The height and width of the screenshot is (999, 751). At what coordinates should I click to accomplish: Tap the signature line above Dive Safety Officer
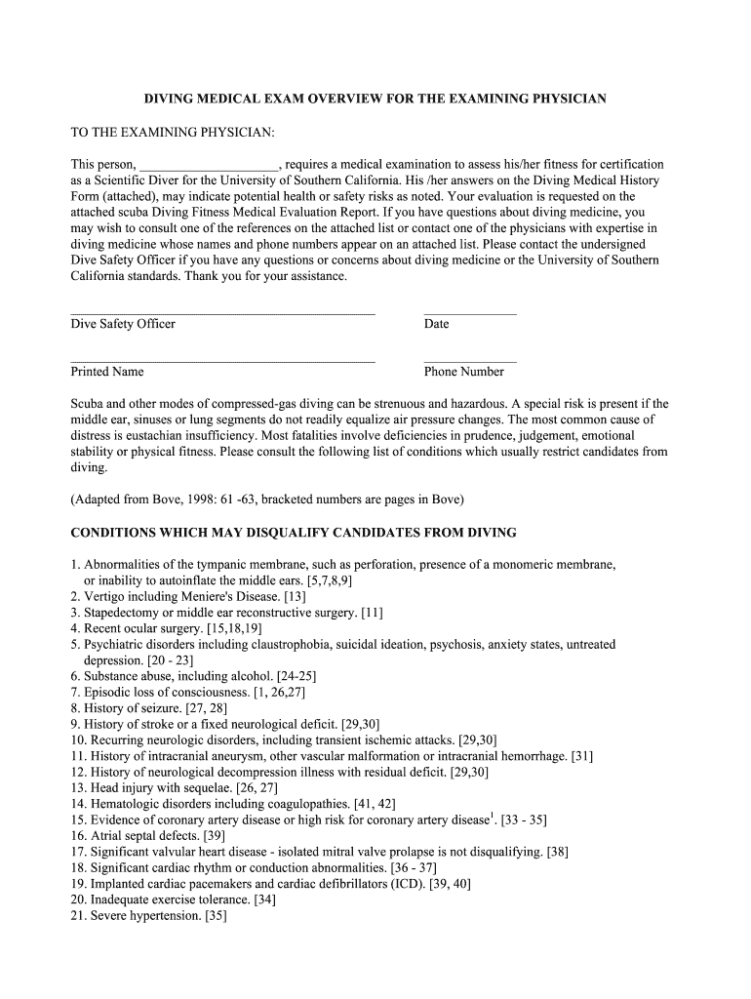tap(222, 314)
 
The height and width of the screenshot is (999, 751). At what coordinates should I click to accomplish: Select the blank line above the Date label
tap(470, 314)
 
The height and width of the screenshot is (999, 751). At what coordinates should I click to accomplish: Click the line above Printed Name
tap(222, 362)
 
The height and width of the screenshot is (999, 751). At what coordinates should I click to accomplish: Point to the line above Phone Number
tap(470, 362)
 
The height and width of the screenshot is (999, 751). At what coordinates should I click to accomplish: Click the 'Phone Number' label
tap(463, 372)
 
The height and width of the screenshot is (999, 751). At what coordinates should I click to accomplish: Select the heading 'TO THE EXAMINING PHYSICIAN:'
tap(173, 132)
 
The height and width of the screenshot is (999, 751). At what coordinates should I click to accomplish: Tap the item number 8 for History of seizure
tap(75, 708)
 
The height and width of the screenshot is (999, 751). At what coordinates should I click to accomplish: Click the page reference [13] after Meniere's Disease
tap(295, 596)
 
